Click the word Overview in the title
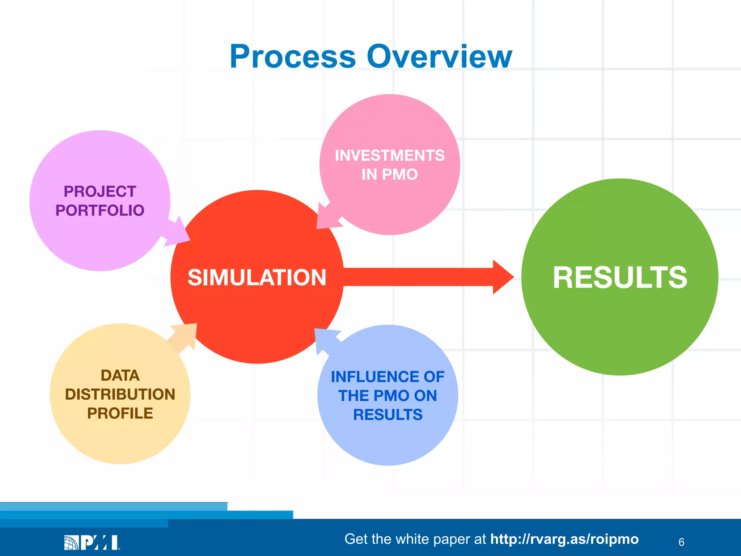pyautogui.click(x=439, y=57)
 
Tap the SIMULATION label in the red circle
pyautogui.click(x=257, y=278)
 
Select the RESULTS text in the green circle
pyautogui.click(x=620, y=278)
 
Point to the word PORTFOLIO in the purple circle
pyautogui.click(x=100, y=211)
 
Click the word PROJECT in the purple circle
pyautogui.click(x=100, y=191)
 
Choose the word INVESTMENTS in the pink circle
pyautogui.click(x=390, y=156)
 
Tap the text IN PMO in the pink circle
pyautogui.click(x=390, y=175)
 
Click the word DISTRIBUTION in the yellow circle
pyautogui.click(x=120, y=395)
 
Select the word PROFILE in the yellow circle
pyautogui.click(x=120, y=413)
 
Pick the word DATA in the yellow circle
pyautogui.click(x=120, y=376)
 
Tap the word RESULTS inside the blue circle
pyautogui.click(x=388, y=415)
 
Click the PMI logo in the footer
pyautogui.click(x=92, y=542)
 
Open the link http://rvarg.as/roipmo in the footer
pyautogui.click(x=564, y=539)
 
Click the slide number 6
pyautogui.click(x=681, y=542)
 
